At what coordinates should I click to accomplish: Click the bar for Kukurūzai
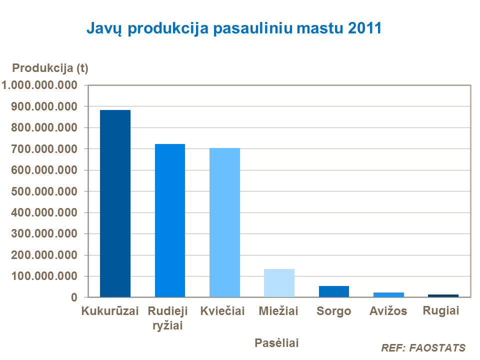(x=115, y=203)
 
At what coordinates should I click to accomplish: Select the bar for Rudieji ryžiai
(x=170, y=220)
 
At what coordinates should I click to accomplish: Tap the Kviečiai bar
(x=224, y=222)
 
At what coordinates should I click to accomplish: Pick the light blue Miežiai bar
(x=279, y=283)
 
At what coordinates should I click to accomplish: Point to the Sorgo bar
(x=333, y=291)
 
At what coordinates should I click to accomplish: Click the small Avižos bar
(x=388, y=294)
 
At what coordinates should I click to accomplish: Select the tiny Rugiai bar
(x=443, y=295)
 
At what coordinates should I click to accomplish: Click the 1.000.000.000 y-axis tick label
(x=40, y=85)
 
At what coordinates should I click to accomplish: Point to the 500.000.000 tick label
(x=44, y=191)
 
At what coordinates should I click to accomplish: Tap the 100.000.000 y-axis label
(x=44, y=276)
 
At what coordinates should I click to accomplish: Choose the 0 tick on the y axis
(x=74, y=297)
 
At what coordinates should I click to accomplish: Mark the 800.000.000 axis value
(x=44, y=128)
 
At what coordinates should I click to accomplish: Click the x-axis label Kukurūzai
(x=110, y=311)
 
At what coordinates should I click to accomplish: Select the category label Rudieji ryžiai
(x=168, y=318)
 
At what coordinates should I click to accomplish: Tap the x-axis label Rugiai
(x=441, y=310)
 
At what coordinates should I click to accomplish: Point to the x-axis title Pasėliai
(x=276, y=343)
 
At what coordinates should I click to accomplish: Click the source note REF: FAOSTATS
(x=423, y=348)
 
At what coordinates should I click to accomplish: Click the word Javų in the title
(x=105, y=29)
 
